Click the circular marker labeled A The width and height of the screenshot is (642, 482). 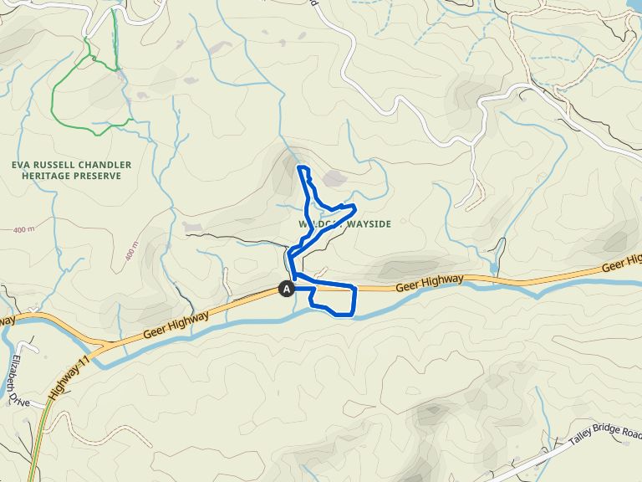[287, 289]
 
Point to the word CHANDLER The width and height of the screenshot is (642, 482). [106, 165]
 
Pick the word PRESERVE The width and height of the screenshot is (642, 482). [96, 177]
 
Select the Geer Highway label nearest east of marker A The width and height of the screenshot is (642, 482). [429, 284]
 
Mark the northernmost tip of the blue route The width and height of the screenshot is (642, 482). [300, 168]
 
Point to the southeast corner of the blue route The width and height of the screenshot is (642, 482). [354, 314]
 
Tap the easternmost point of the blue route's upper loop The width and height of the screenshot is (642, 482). [355, 208]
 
